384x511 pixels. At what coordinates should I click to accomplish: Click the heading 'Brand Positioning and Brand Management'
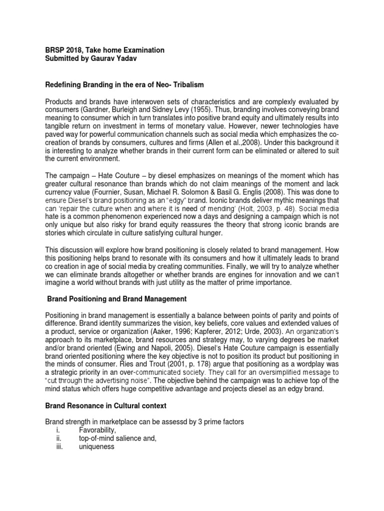coord(116,299)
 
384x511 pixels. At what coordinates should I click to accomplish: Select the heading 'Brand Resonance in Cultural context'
coord(105,407)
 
